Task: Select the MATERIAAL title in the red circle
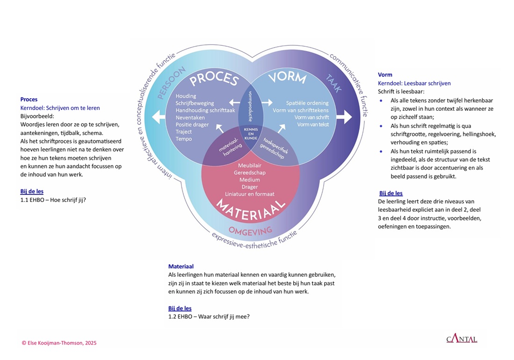tap(251, 209)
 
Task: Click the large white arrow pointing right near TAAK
tap(345, 116)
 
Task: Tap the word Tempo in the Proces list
tap(184, 139)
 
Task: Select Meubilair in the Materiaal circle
tap(250, 166)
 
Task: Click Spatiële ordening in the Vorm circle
tap(307, 103)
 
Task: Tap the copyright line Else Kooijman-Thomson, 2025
tap(59, 343)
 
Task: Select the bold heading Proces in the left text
tap(29, 100)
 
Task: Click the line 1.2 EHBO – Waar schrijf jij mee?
tap(209, 317)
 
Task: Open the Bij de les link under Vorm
tap(391, 193)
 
